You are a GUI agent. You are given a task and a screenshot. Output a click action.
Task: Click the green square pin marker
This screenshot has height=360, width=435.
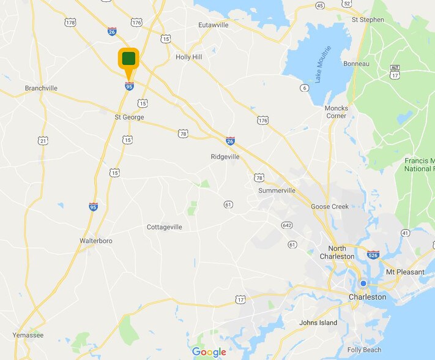128,59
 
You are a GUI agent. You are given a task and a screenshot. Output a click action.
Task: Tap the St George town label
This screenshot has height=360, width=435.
128,116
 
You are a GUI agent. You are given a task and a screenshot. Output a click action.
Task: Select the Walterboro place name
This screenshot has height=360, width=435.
96,241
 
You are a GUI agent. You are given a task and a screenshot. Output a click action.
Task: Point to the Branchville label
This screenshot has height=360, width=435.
41,88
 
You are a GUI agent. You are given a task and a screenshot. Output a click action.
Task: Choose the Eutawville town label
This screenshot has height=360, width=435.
213,25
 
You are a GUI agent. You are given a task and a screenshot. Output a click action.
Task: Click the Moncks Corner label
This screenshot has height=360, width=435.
336,112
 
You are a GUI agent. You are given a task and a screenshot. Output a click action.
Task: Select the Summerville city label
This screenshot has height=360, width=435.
277,190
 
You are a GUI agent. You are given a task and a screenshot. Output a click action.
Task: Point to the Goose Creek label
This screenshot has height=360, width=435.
330,206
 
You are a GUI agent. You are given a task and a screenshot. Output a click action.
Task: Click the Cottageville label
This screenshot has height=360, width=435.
165,227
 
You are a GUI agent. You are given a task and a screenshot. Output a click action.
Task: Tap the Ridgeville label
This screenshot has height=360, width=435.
225,157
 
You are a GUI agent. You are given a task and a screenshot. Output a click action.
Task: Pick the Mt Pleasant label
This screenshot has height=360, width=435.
404,271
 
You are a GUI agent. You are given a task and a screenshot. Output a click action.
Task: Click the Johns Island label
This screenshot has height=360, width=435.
318,323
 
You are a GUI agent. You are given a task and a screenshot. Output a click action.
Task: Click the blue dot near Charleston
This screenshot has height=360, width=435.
363,283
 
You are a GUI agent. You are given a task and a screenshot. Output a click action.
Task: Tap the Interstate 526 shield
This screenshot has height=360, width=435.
373,254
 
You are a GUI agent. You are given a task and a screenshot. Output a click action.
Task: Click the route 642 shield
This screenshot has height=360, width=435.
287,225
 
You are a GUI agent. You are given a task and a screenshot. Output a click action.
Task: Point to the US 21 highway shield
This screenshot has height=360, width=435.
42,141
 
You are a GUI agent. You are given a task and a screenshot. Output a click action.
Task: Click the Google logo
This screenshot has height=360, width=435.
209,351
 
